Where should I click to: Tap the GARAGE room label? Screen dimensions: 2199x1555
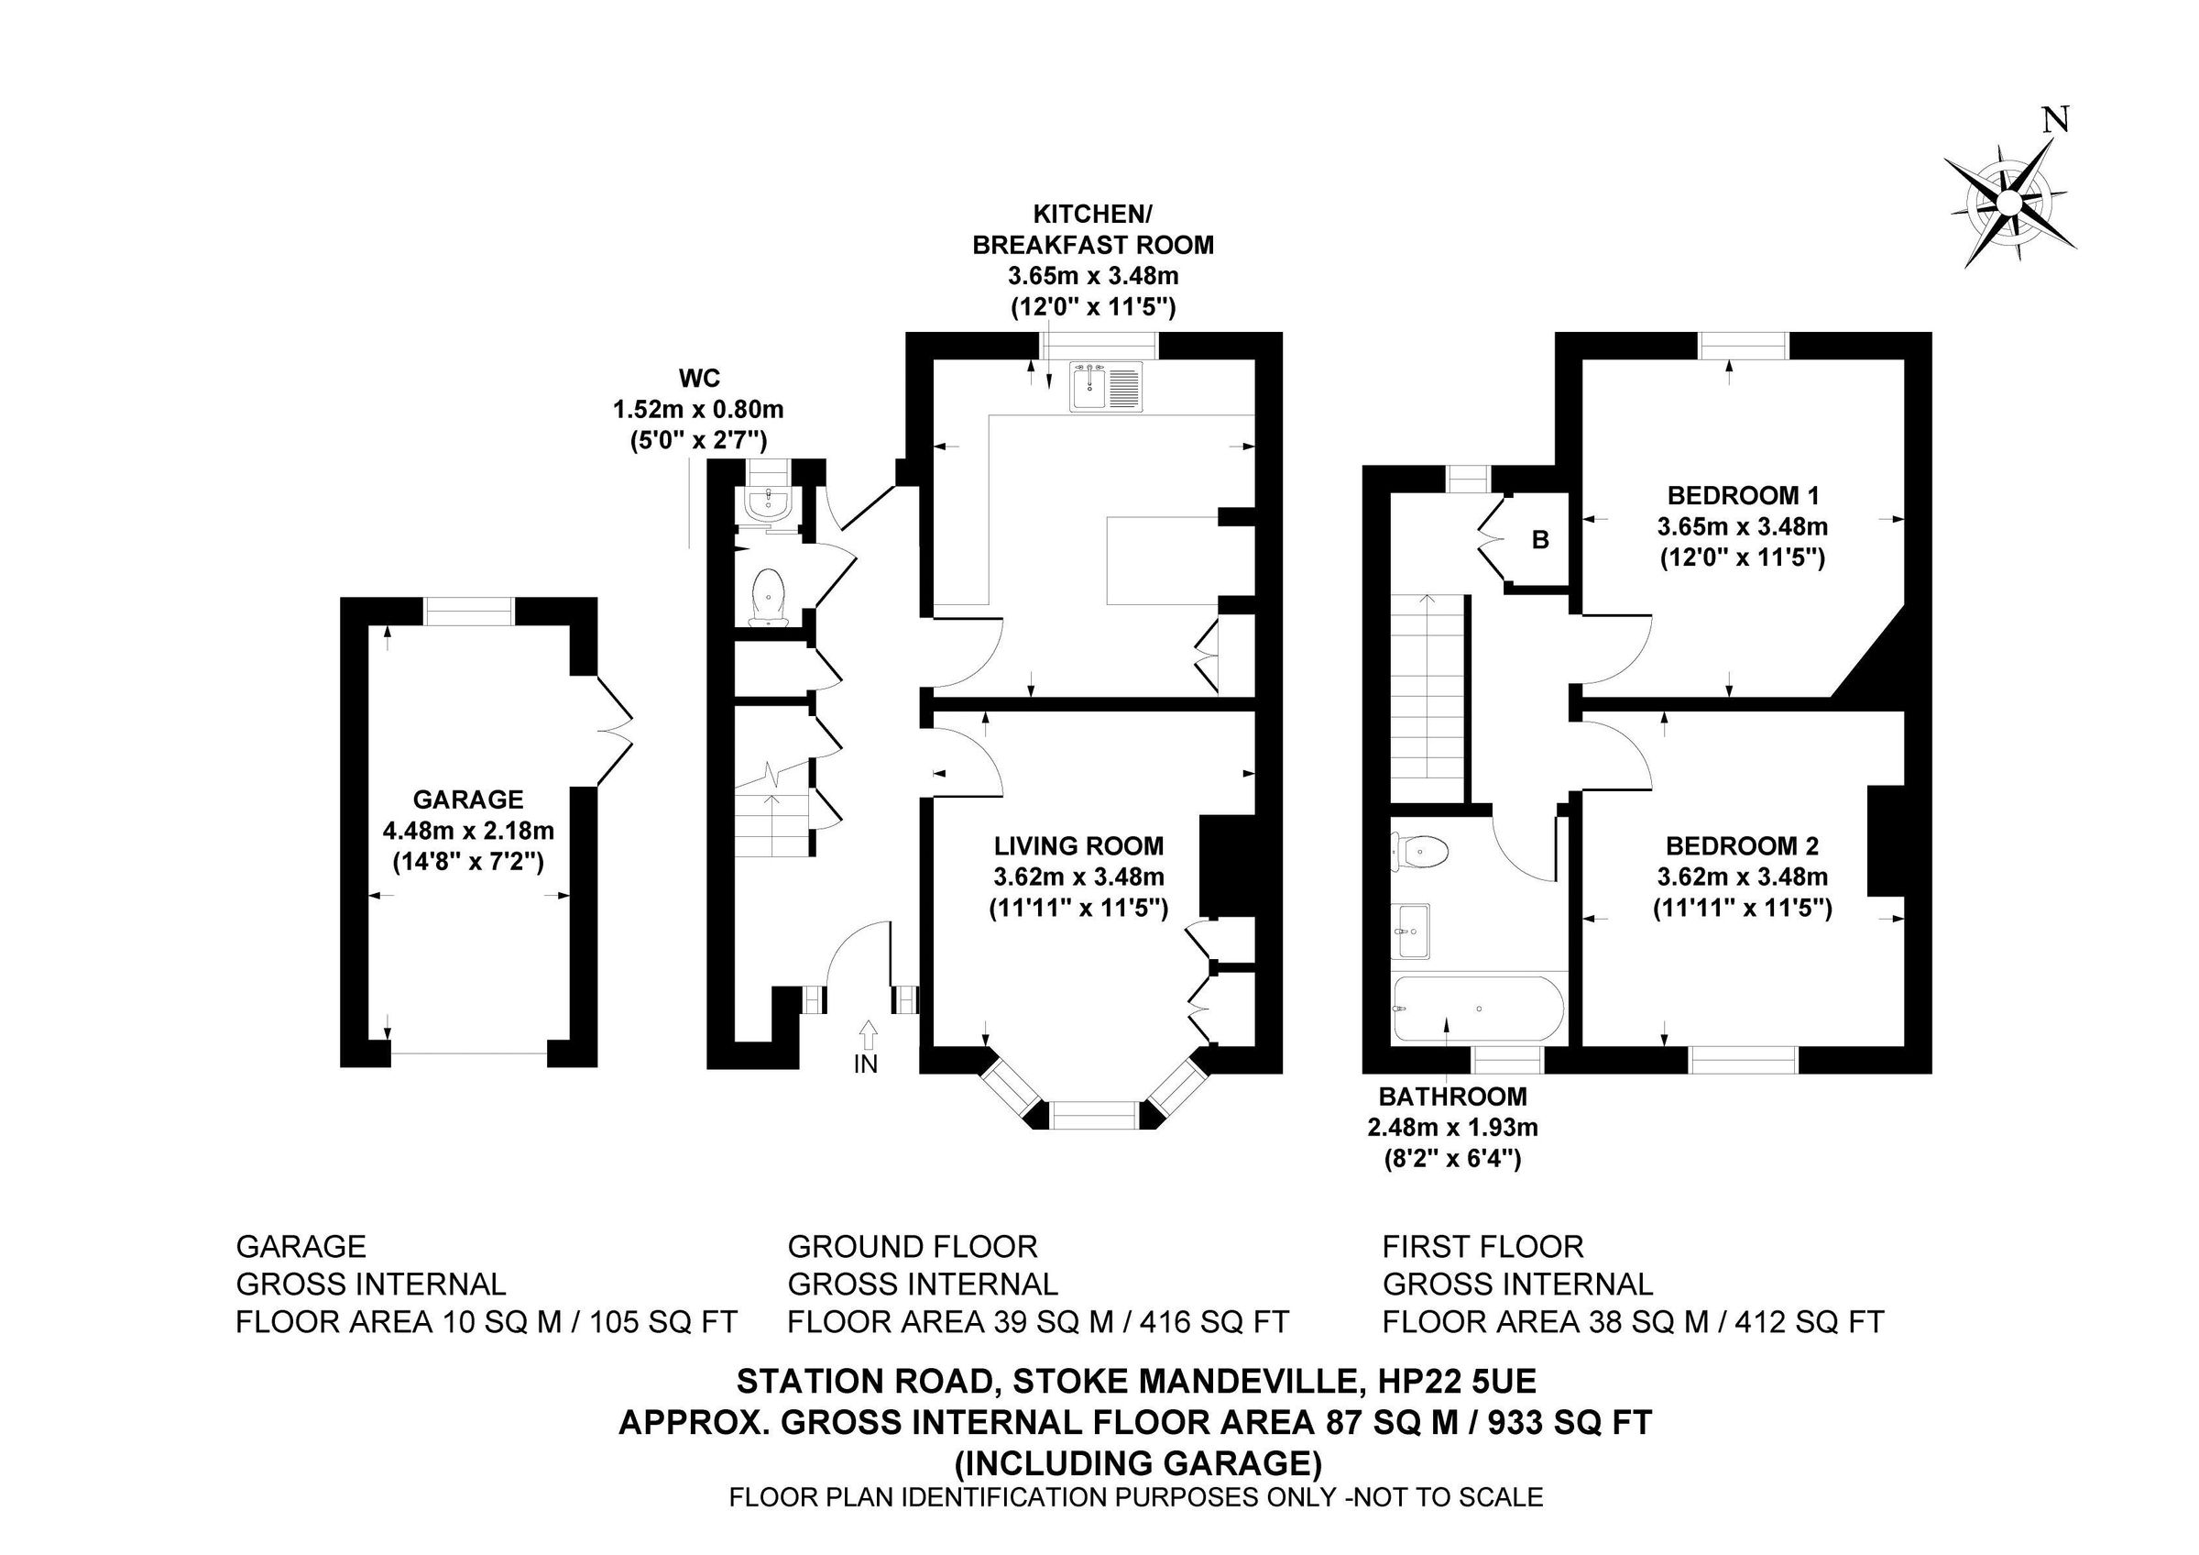pos(468,800)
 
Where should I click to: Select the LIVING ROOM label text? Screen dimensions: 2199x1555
pos(1078,846)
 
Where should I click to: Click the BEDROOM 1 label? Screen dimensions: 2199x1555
pos(1743,495)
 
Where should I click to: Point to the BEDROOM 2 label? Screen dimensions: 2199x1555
pos(1742,846)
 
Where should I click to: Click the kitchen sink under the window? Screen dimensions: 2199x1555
pos(1107,388)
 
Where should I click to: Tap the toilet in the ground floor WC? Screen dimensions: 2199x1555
pos(769,598)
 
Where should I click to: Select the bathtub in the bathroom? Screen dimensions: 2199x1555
pos(1479,1009)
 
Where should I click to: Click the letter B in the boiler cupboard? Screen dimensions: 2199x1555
pos(1540,540)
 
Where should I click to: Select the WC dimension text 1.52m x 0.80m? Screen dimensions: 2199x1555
pos(698,410)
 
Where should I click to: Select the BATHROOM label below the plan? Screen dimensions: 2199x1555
pos(1452,1096)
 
